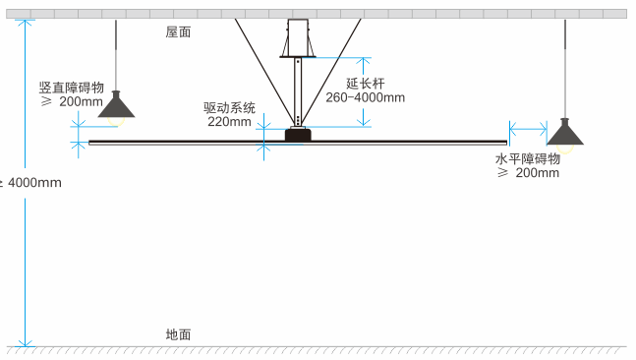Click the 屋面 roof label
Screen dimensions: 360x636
pos(178,31)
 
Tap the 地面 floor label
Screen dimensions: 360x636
pos(178,334)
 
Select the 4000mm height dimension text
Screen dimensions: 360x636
pos(34,182)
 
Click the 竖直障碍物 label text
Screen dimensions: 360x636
pos(71,87)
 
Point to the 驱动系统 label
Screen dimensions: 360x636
pos(229,107)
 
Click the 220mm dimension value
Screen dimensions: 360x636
pos(229,122)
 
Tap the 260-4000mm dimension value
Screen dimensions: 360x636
pos(365,97)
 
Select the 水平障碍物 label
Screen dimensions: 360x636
pos(527,157)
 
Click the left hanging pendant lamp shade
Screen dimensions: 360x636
pos(117,105)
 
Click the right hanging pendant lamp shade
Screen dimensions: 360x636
pos(566,132)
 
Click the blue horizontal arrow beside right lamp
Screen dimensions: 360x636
pos(529,127)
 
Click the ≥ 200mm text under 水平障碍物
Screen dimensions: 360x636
pos(529,173)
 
